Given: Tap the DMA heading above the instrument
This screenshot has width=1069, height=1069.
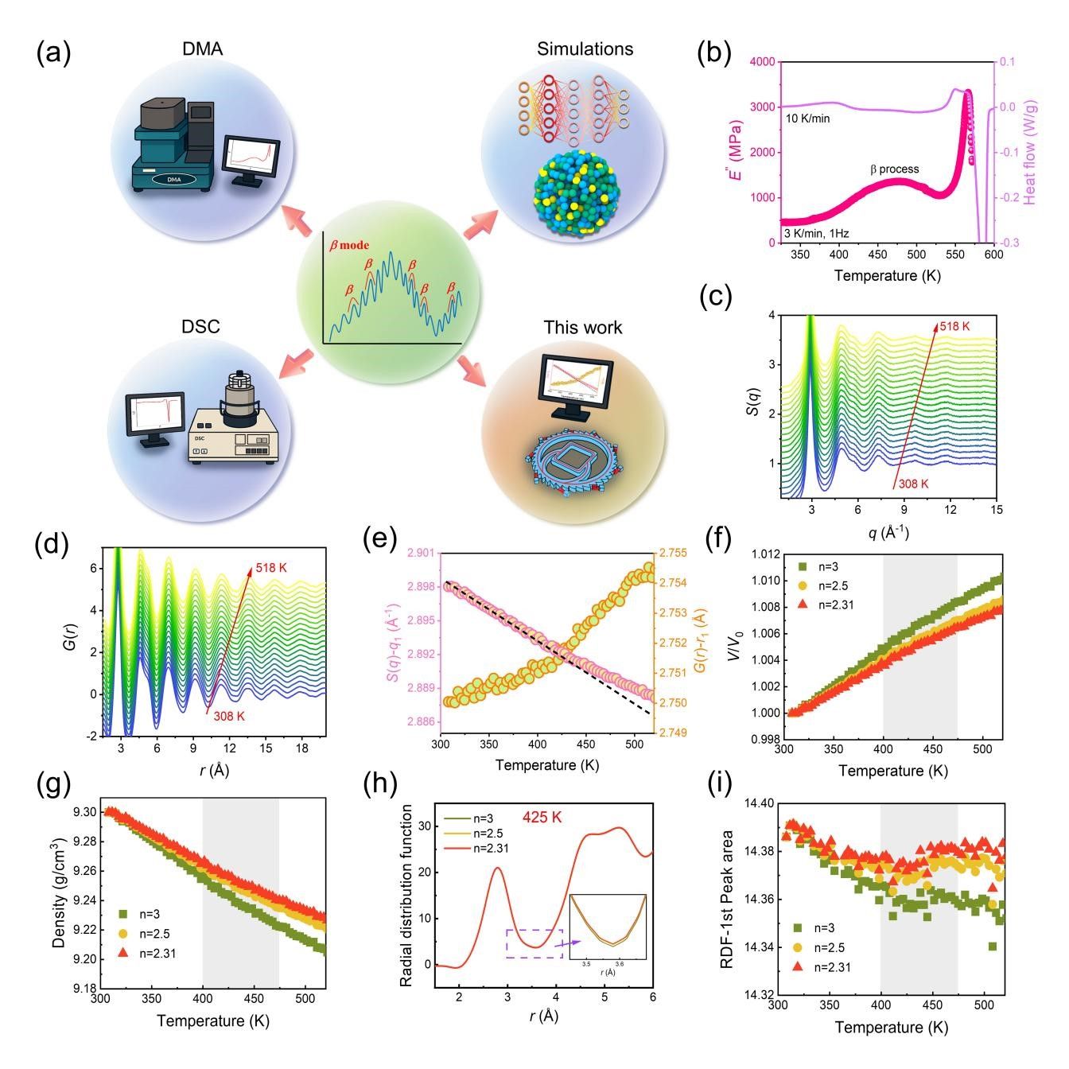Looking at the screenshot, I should click(x=202, y=49).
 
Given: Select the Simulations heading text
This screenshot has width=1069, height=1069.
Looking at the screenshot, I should click(x=585, y=49).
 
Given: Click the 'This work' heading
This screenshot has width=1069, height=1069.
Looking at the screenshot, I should click(x=583, y=328).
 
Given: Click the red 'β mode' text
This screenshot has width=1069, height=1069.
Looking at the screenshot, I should click(x=349, y=246).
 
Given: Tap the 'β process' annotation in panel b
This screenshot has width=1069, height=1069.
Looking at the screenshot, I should click(x=893, y=169).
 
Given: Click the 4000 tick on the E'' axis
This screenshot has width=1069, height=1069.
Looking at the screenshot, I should click(x=762, y=62).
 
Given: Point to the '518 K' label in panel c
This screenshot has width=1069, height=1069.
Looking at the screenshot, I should click(x=955, y=326).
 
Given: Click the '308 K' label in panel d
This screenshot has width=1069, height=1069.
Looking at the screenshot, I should click(x=229, y=717).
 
